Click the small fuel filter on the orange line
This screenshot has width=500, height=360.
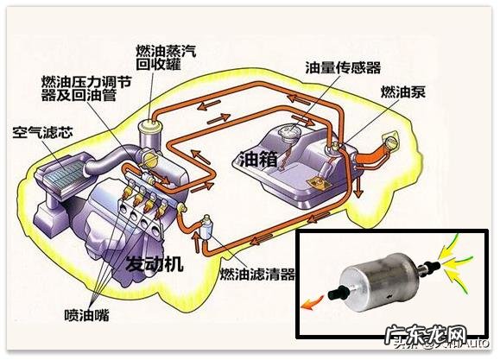(x=208, y=226)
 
